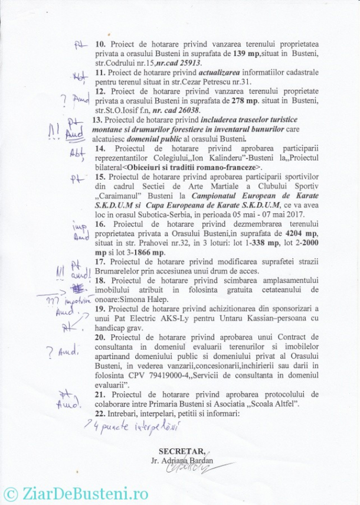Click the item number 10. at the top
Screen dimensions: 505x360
click(x=100, y=44)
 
